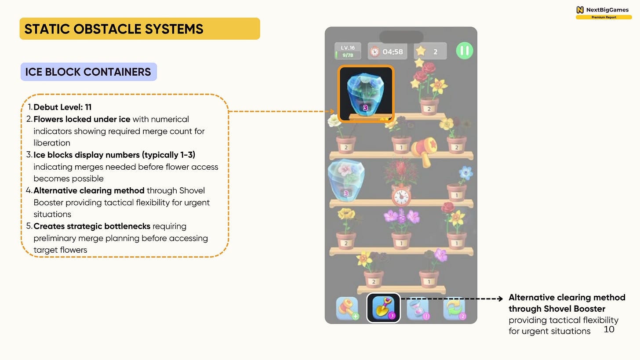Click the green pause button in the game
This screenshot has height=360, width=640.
pos(464,51)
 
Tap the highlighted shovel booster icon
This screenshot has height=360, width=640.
pos(383,308)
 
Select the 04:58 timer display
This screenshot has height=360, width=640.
pos(387,51)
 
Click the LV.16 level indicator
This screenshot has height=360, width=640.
pos(348,51)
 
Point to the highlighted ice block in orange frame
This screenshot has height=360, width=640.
pos(366,93)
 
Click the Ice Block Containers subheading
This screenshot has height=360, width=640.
pos(88,72)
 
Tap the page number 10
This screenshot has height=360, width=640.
pos(609,329)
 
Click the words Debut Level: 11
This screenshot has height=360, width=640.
pos(62,107)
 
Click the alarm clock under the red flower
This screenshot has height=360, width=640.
pos(401,196)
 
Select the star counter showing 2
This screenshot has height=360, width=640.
pos(429,51)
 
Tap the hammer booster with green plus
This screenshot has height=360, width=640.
pos(347,308)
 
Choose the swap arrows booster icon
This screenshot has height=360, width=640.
pos(455,308)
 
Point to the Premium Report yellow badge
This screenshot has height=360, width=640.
pos(604,17)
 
